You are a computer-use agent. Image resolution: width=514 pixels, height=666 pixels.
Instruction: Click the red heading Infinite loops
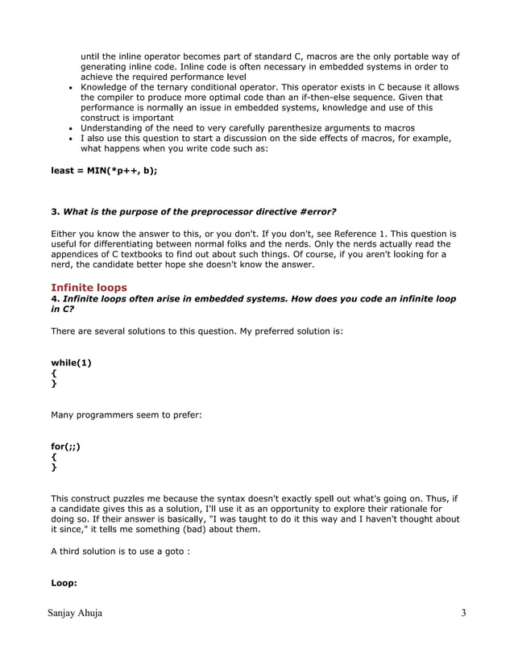pos(89,287)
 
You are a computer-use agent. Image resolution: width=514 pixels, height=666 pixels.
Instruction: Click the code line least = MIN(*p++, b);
pos(103,171)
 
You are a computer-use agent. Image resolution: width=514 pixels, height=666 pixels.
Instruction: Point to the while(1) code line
pos(71,362)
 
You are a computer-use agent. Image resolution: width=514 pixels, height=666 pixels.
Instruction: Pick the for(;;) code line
pos(65,446)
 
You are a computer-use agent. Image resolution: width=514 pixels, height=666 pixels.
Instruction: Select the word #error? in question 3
pos(315,212)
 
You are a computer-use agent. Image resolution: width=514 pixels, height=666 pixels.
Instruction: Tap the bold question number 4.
pos(55,299)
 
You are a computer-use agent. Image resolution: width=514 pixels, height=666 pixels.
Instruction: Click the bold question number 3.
pos(55,212)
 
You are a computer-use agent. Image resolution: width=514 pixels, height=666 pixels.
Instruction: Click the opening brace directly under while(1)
pos(54,373)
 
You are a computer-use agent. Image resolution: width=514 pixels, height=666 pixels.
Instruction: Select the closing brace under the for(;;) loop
pos(54,468)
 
